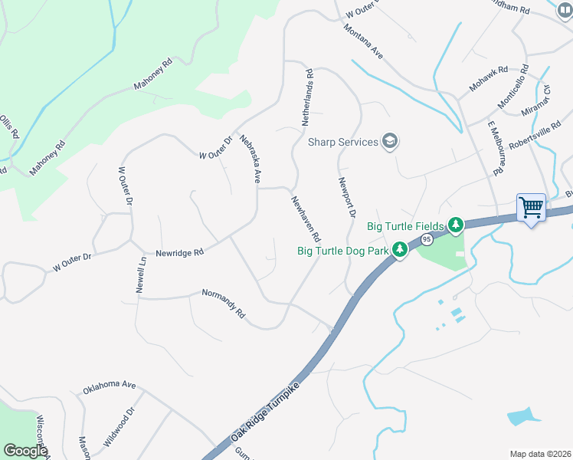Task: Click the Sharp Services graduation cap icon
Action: coord(390,142)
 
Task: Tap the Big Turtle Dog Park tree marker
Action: coord(399,250)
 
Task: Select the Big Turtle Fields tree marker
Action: coord(456,225)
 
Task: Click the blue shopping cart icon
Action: coord(531,207)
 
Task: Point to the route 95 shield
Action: coord(427,240)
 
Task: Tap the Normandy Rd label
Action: coord(223,304)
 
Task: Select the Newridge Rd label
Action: coord(179,252)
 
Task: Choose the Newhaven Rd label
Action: coord(305,218)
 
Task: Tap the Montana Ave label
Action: coord(363,41)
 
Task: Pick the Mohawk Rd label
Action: coord(489,79)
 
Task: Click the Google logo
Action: coord(25,451)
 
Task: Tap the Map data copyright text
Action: coord(540,454)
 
